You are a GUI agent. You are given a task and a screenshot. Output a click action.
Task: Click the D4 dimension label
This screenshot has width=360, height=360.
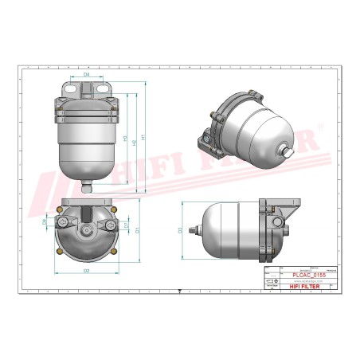point(87,74)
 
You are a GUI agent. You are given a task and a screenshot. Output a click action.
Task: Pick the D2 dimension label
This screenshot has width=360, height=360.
point(86,271)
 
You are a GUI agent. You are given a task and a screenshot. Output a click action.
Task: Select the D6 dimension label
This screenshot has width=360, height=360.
point(45,222)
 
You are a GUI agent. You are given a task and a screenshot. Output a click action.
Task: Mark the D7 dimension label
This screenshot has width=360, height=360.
point(127,225)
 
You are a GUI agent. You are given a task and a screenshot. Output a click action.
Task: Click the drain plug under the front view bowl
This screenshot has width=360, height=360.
point(87,189)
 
